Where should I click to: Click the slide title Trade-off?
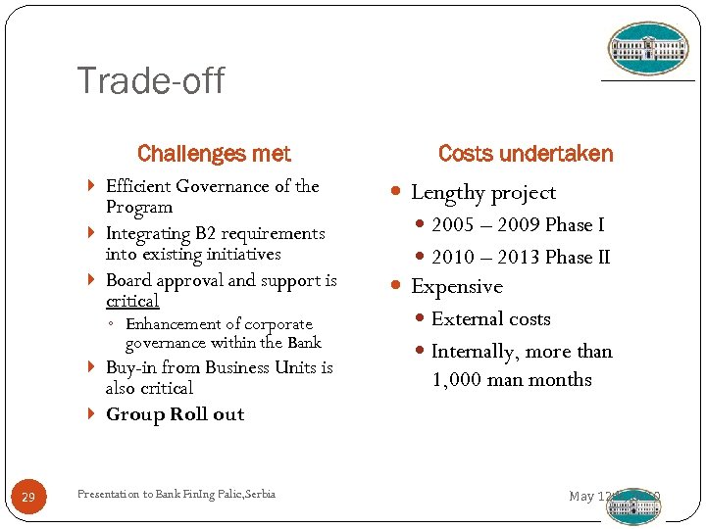tap(150, 80)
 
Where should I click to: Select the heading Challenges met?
tap(214, 154)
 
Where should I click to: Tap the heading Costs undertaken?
tap(525, 154)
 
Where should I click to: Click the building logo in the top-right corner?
tap(648, 49)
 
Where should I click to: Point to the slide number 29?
tap(28, 499)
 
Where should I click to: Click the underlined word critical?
tap(132, 301)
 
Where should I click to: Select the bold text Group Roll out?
tap(175, 414)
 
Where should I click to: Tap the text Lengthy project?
tap(482, 193)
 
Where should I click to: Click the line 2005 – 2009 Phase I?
tap(517, 225)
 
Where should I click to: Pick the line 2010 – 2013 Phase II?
tap(520, 257)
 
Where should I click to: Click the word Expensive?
tap(456, 287)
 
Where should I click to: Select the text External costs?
tap(490, 319)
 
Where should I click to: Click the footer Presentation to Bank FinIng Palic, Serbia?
tap(176, 494)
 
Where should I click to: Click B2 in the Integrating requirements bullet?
tap(206, 233)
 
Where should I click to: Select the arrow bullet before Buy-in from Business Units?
tap(91, 367)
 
